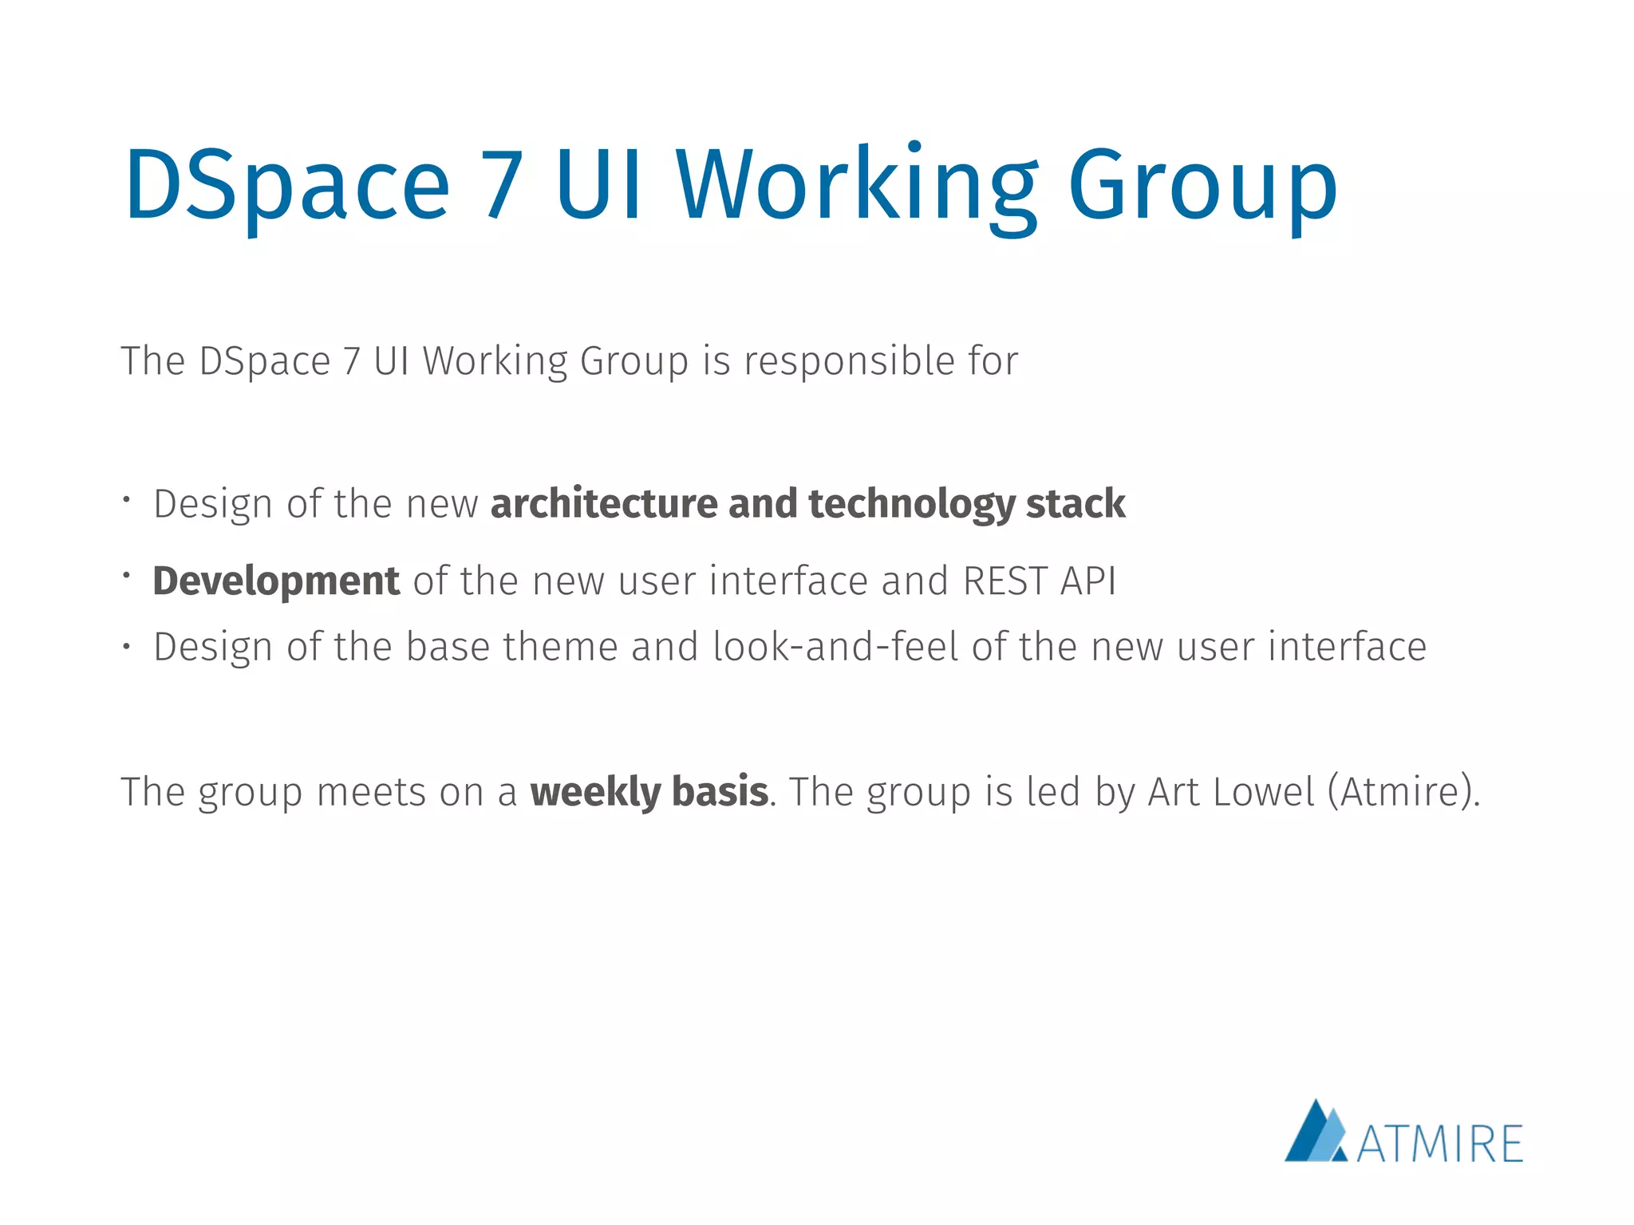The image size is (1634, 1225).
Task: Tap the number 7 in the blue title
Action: [x=503, y=185]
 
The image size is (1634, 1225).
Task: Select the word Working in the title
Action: [x=858, y=185]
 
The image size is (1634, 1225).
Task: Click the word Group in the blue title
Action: [x=1202, y=185]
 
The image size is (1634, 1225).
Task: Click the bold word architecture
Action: [x=602, y=504]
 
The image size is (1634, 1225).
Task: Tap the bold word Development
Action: [x=276, y=581]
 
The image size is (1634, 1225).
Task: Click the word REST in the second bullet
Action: [x=1004, y=581]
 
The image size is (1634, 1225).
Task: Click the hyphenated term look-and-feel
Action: [x=835, y=646]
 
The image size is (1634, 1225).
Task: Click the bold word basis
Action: [x=720, y=792]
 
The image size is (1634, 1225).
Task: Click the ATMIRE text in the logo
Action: [x=1439, y=1144]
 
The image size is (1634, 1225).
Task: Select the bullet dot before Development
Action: [x=126, y=573]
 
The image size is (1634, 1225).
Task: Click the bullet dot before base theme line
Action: [x=126, y=647]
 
